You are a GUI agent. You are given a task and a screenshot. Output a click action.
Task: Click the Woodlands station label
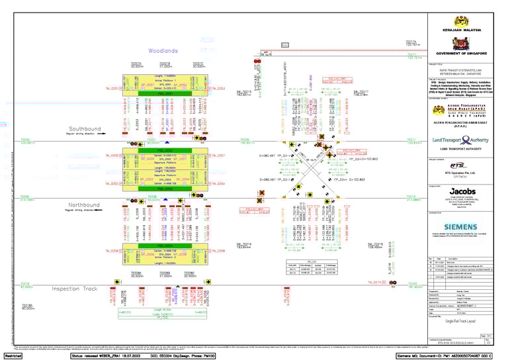[x=163, y=51]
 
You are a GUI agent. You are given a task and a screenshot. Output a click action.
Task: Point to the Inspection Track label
[x=75, y=289]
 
